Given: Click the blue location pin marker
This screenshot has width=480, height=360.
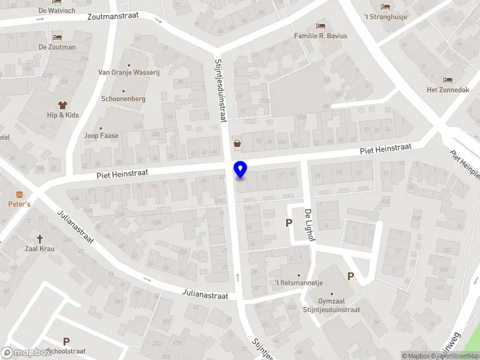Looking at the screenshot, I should [241, 170].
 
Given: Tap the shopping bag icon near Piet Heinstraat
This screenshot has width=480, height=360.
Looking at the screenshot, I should [238, 143].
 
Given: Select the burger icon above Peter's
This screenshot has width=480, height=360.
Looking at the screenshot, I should [20, 194].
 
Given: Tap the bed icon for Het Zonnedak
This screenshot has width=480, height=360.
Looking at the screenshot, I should [447, 80].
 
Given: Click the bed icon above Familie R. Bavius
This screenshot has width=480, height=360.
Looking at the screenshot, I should [320, 26].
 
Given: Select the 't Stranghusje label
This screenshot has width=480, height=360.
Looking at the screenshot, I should [386, 17].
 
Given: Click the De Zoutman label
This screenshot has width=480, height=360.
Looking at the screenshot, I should [58, 47].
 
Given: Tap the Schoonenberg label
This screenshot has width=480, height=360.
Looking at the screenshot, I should [123, 98].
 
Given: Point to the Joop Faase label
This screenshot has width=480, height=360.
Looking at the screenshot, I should [101, 136].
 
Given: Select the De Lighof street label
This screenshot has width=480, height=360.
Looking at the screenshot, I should [309, 225].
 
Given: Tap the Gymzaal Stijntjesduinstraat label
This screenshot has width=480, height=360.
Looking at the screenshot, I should [331, 305].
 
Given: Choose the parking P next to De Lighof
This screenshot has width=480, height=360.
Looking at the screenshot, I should [289, 223].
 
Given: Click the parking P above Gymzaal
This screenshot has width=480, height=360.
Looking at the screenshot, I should [350, 276].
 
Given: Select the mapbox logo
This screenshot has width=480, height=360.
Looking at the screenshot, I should [27, 352].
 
